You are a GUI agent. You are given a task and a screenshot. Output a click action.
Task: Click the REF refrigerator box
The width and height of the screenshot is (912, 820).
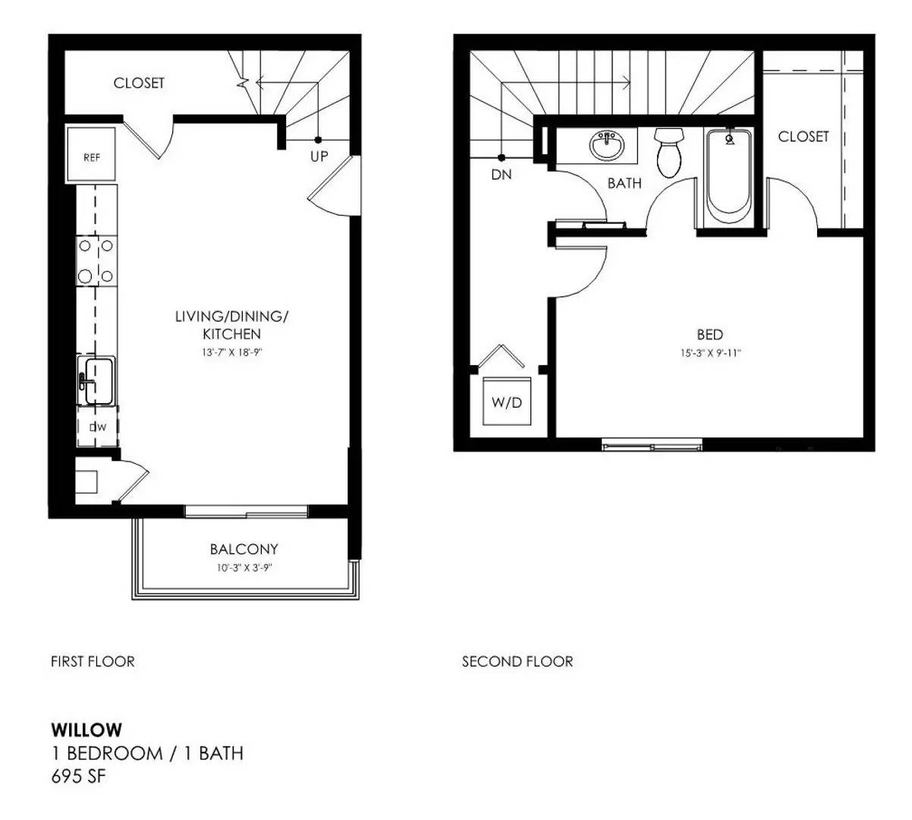[92, 156]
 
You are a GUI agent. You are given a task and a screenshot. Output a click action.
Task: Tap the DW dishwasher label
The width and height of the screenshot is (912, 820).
[98, 427]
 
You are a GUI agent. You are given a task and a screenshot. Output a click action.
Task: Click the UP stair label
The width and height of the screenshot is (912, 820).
[319, 156]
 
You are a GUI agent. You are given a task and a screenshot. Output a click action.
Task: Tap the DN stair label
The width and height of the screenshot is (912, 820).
[502, 175]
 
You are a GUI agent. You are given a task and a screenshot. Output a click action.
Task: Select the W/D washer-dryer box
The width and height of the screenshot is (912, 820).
[507, 402]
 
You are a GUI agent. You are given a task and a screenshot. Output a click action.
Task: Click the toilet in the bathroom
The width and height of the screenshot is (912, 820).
[669, 153]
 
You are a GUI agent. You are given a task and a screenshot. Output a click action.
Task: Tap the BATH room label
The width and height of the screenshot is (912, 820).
[624, 183]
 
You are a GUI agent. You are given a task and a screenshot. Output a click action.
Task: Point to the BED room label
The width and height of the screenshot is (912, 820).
[709, 334]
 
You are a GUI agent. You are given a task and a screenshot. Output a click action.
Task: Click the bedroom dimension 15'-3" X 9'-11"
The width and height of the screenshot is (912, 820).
[709, 353]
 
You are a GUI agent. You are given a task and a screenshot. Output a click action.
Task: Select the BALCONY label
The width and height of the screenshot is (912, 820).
[244, 549]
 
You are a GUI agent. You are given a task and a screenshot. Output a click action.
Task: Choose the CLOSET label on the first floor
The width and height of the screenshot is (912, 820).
[139, 83]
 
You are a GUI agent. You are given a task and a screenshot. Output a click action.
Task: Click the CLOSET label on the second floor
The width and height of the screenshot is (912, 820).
[804, 137]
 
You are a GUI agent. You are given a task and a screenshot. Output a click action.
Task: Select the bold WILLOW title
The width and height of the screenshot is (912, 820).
[86, 730]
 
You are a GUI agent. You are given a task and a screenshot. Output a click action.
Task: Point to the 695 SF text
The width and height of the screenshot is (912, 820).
[78, 777]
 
